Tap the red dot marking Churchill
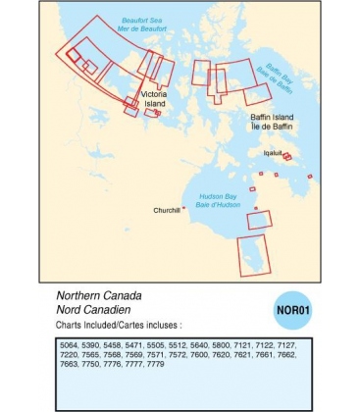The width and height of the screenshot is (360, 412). tap(183, 207)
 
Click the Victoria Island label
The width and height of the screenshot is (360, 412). tap(155, 98)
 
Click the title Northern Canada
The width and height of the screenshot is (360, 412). tap(99, 295)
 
